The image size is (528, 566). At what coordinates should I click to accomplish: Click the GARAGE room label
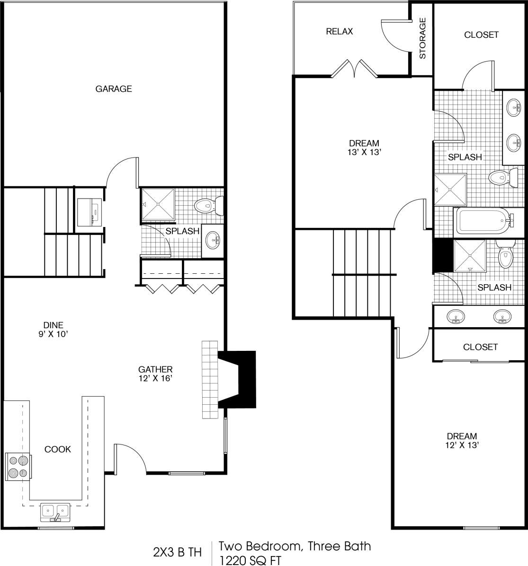114,89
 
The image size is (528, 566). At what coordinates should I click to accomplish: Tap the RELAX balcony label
339,32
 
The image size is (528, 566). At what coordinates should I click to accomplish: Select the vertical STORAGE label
422,38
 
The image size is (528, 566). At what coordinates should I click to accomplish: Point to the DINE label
53,325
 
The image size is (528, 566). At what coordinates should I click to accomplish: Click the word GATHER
155,369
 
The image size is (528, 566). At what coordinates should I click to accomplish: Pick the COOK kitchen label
57,449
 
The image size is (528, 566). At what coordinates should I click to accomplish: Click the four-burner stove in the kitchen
18,466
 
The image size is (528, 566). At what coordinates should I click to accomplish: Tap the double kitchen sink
55,511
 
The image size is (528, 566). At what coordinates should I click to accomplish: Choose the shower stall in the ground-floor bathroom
158,204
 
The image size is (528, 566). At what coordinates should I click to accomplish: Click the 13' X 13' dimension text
364,152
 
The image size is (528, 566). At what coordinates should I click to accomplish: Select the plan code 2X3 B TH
177,552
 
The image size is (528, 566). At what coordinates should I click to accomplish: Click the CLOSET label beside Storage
481,35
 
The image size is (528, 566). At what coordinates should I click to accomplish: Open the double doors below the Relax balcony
354,69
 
